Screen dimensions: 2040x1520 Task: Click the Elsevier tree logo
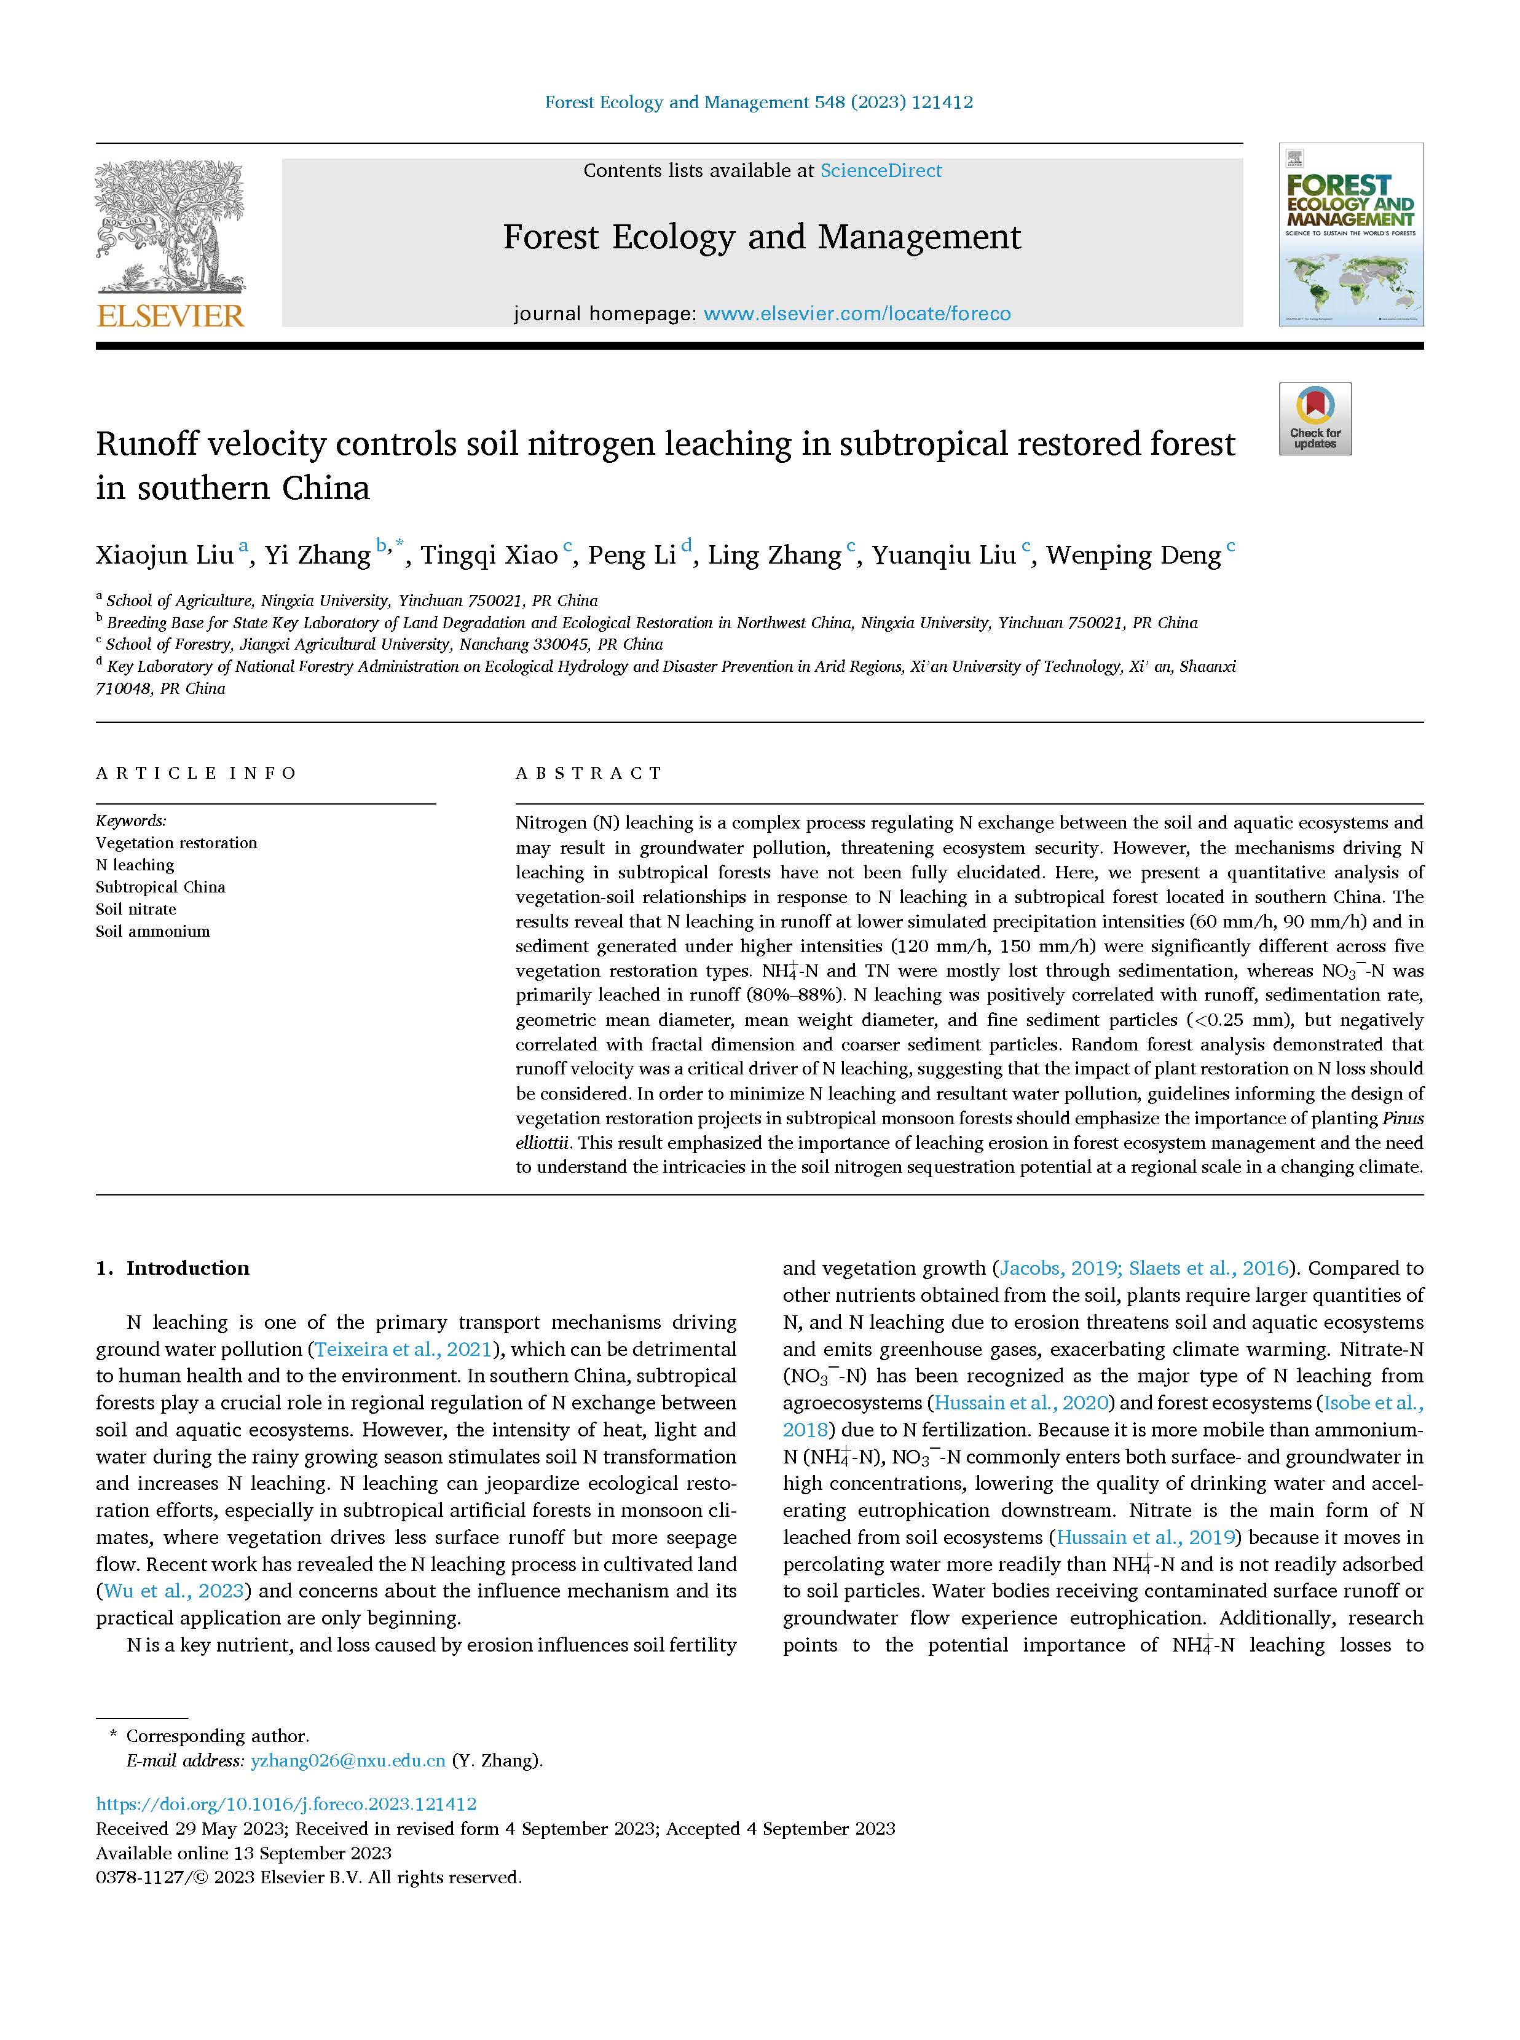[170, 226]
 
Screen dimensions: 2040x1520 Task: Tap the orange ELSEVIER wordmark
[170, 315]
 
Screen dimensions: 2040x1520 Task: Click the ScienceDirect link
[881, 170]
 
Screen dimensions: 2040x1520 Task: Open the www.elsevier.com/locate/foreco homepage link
[857, 314]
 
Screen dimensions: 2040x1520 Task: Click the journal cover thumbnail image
[1350, 235]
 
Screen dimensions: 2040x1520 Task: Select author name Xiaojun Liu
[165, 555]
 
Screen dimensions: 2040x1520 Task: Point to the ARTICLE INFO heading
[196, 773]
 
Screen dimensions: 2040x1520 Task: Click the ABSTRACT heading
[589, 773]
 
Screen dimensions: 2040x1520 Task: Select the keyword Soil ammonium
[152, 931]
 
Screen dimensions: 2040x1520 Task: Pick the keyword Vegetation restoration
[176, 843]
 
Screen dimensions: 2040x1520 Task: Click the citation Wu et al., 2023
[174, 1591]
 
